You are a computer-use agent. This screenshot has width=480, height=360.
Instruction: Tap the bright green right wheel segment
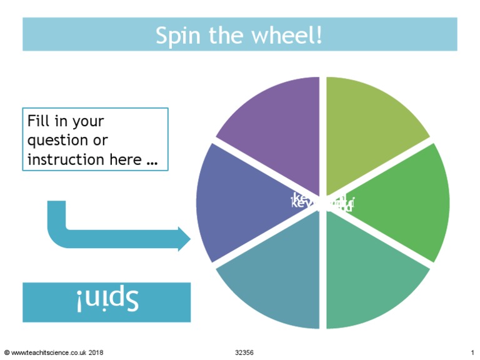click(406, 203)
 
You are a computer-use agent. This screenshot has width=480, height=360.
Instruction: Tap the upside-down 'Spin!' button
click(107, 302)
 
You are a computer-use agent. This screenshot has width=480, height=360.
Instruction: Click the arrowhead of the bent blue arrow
click(184, 238)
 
